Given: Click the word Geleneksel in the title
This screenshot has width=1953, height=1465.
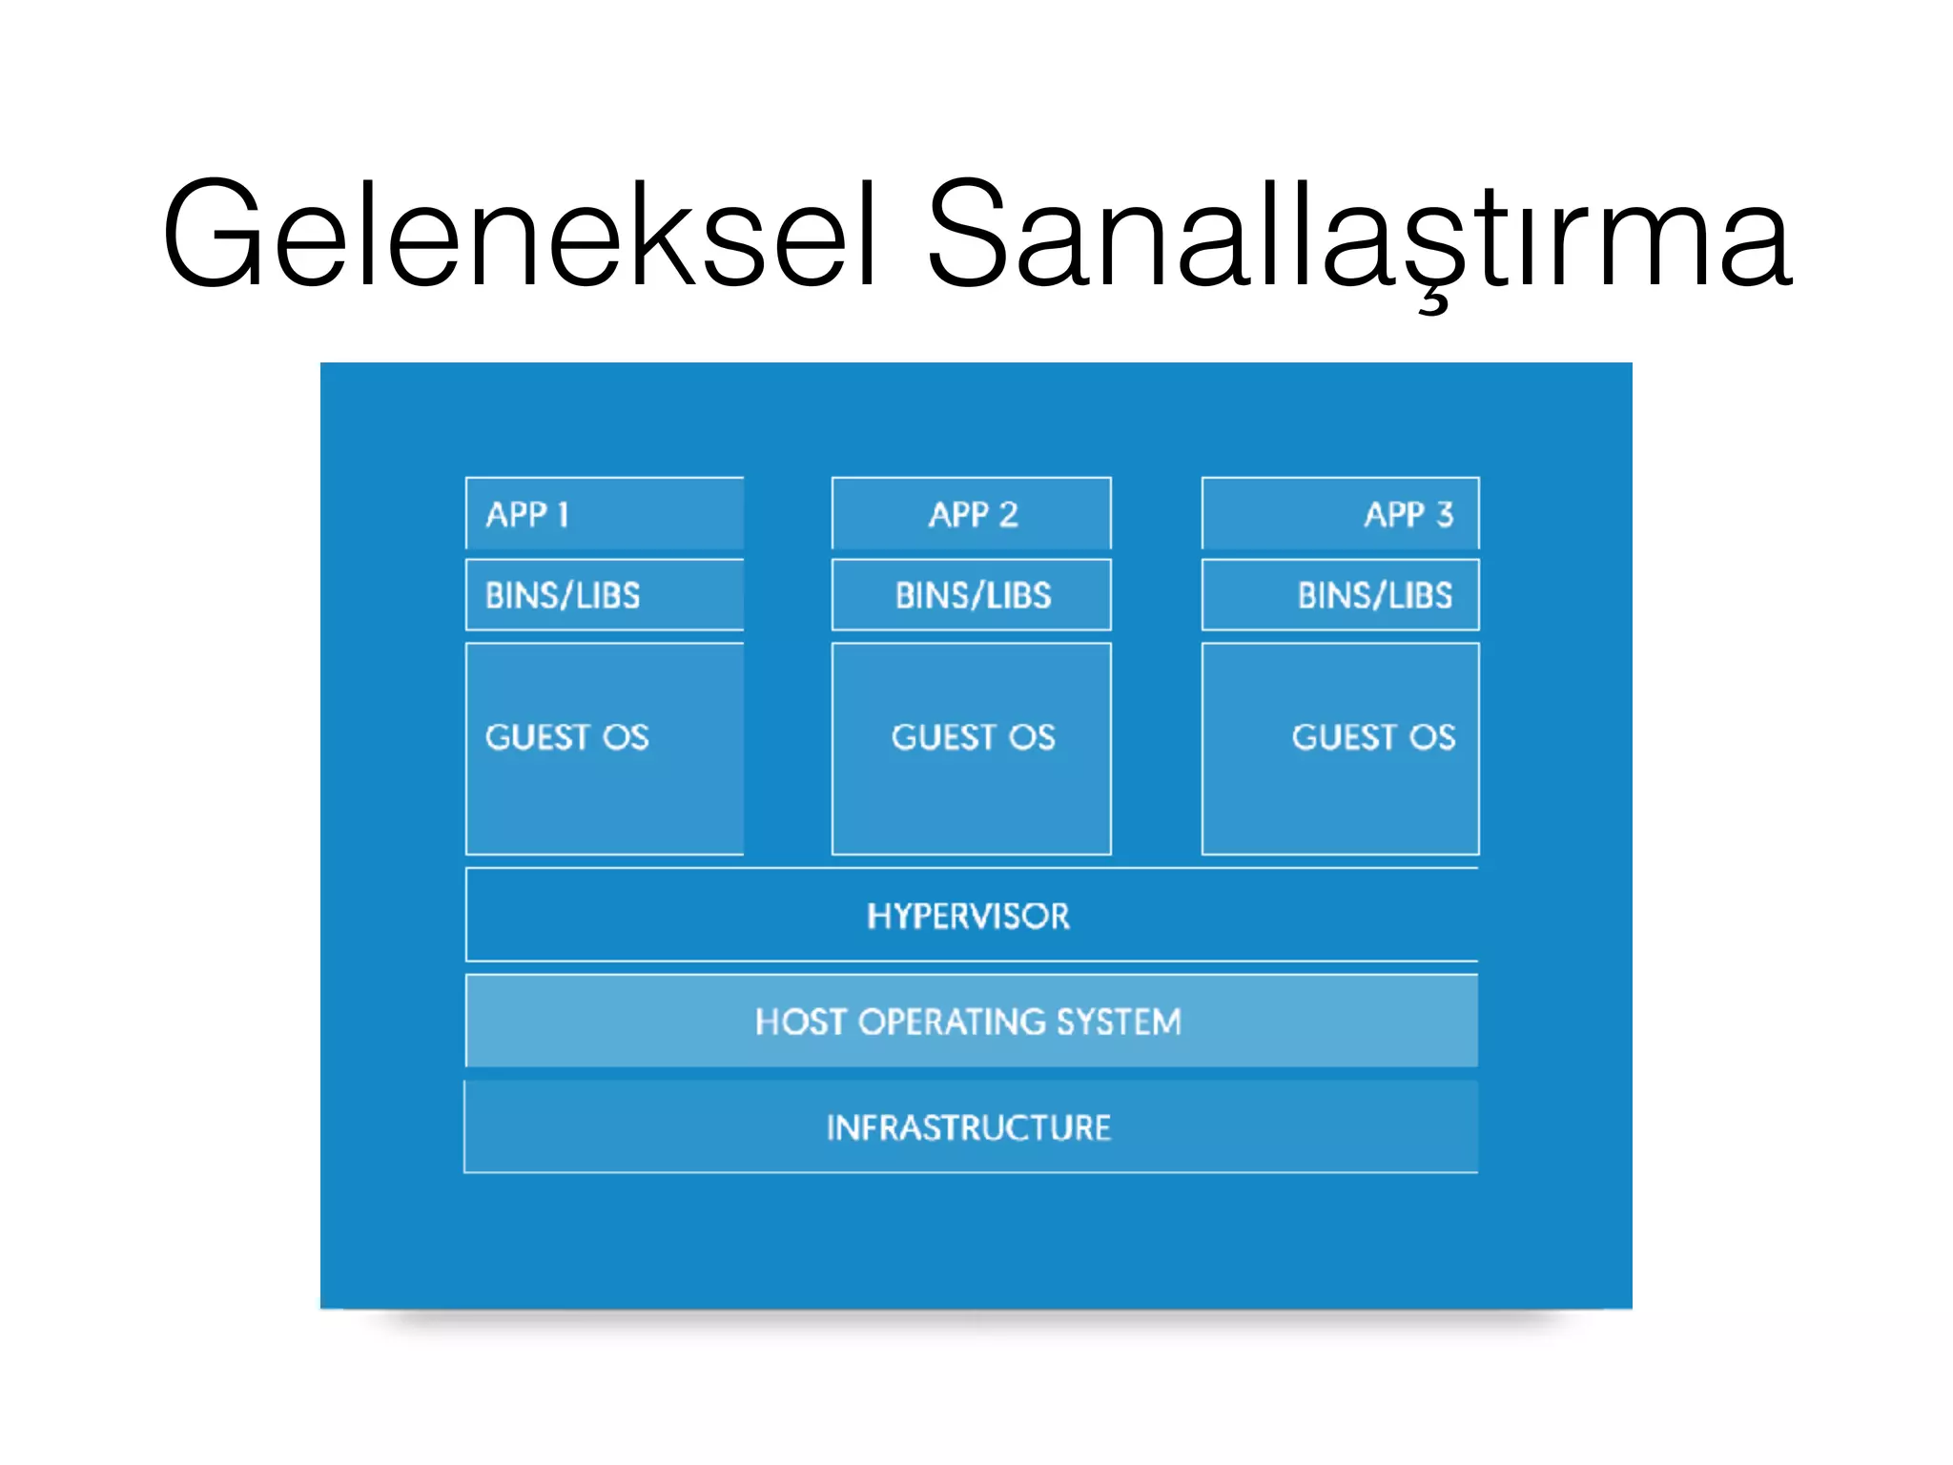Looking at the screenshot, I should point(520,234).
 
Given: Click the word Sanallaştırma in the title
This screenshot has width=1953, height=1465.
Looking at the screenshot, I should point(1358,234).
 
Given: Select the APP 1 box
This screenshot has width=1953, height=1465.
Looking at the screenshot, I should point(605,514).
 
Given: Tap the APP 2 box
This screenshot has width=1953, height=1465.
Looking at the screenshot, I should point(972,514).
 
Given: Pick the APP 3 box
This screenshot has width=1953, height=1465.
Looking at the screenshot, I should point(1340,514).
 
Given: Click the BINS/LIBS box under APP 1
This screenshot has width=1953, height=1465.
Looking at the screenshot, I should point(605,595).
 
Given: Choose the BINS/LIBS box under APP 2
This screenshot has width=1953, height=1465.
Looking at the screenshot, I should point(972,595).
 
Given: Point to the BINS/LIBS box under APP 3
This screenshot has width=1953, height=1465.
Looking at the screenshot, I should point(1340,595).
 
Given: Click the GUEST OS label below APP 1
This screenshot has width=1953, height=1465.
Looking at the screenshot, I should point(566,737).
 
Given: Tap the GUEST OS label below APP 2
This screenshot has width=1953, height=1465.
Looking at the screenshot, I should point(973,737).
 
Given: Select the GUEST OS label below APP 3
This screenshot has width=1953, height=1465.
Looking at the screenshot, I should point(1373,737).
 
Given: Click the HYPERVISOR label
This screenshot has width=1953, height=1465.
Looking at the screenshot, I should point(968,917).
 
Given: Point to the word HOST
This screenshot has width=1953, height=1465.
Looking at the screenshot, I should point(799,1022).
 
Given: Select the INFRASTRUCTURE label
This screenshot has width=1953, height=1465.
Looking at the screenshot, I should point(968,1128).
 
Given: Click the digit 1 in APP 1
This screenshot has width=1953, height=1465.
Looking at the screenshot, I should point(563,515).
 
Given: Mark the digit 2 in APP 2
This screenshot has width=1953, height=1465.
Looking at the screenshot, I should point(1008,515).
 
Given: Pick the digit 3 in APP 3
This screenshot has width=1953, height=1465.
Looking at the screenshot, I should point(1445,515).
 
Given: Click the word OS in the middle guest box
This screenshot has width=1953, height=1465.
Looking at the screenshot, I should point(1032,737).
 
